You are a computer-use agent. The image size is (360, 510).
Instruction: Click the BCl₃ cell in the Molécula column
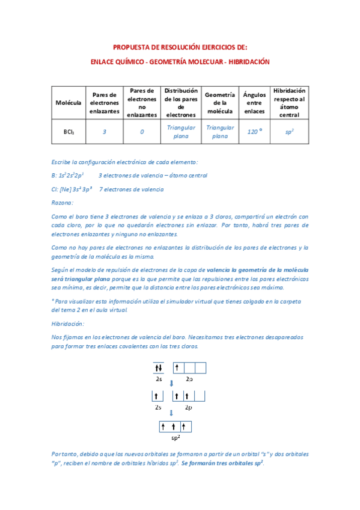pos(68,132)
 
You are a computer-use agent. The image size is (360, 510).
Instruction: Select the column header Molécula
pos(68,103)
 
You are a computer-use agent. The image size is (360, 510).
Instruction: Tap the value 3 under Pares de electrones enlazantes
pos(105,132)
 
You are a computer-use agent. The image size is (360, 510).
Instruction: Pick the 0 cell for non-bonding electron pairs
pos(142,132)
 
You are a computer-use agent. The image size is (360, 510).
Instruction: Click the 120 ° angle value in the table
pos(255,132)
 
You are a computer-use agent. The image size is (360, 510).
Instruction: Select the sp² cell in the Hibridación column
pos(289,132)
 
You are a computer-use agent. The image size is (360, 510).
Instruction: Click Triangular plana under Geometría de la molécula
pos(217,132)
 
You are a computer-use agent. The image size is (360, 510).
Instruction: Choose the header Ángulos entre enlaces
pos(255,103)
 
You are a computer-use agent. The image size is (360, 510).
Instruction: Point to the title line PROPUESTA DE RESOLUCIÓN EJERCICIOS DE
pos(180,47)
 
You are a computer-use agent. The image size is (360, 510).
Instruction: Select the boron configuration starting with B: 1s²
pos(68,175)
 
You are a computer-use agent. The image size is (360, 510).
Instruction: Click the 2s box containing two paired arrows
pos(159,368)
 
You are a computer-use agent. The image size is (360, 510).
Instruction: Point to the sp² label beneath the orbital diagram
pos(176,438)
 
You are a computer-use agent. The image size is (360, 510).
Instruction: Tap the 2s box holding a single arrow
pos(157,396)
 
